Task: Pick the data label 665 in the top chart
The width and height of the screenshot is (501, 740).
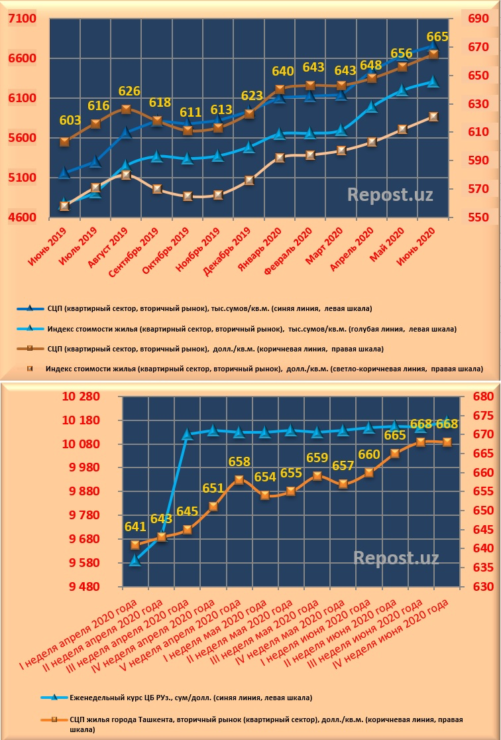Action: [437, 36]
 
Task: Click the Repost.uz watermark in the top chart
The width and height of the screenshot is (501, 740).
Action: [390, 194]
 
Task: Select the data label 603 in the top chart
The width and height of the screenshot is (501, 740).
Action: [70, 121]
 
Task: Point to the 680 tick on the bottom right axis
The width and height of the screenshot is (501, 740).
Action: [481, 397]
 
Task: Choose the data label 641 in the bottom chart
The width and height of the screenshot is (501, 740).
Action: [135, 527]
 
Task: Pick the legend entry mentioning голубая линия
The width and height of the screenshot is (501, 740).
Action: [252, 329]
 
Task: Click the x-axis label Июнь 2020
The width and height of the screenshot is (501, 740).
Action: [418, 243]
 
